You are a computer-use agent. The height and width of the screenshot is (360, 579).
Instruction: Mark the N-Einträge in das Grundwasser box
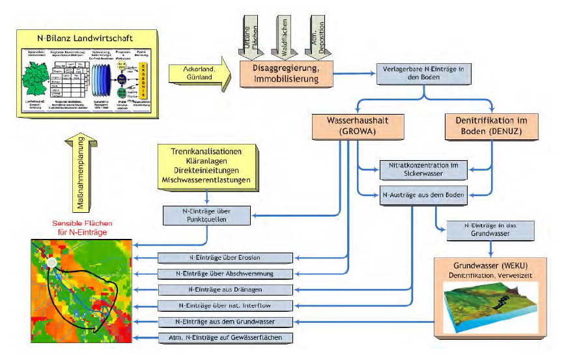point(481,228)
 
